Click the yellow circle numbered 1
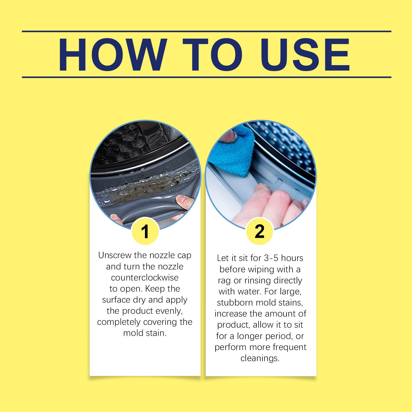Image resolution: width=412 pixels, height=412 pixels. click(145, 231)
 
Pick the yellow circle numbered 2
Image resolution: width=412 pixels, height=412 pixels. click(259, 231)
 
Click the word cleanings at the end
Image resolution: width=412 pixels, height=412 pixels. click(260, 358)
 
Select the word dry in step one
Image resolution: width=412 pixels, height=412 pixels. click(139, 300)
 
